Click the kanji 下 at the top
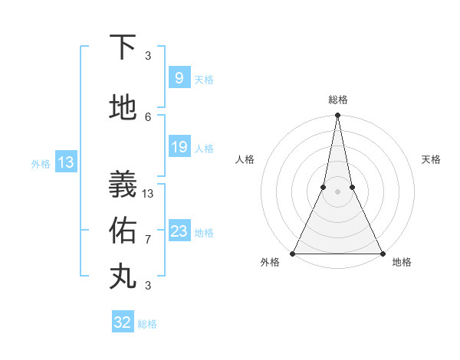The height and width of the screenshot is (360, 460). coord(123,47)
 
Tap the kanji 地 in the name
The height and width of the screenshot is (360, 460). coord(123,109)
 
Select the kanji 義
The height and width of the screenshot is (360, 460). coord(123,184)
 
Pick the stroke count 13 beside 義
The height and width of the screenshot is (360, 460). coord(148,193)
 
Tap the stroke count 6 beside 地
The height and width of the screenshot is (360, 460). coord(148,116)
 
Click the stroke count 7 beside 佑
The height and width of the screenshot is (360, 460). coord(148,239)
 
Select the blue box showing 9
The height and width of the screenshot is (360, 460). coord(179,78)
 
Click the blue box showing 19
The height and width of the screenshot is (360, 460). coord(179,147)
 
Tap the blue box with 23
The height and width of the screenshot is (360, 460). coord(179,231)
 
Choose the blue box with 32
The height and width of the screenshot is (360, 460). coord(123,322)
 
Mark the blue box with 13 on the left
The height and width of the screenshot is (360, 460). coord(65,162)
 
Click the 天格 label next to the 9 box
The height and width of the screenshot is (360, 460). coord(204,80)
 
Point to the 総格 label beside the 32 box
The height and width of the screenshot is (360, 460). coord(147,324)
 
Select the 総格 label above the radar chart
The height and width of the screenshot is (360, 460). coord(337,100)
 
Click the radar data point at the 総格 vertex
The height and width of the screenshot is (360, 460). coord(337,116)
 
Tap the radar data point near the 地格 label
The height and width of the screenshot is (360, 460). coord(382,253)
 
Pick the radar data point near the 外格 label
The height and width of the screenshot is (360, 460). coord(293,253)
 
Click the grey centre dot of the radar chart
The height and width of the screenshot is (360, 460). coord(337,191)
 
